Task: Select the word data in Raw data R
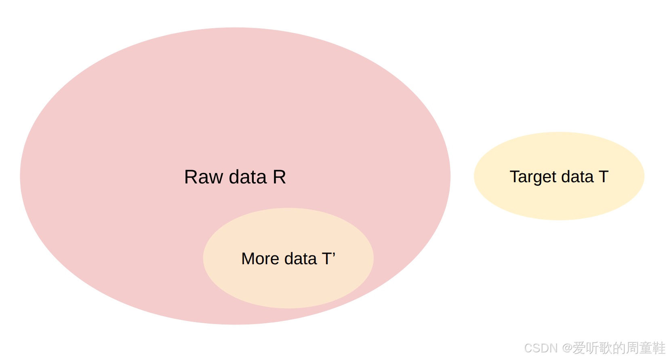pos(248,177)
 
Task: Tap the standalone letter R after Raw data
pos(280,177)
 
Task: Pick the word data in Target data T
pos(577,177)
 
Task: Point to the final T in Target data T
pos(604,177)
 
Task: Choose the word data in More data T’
pos(301,259)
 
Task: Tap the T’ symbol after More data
pos(328,259)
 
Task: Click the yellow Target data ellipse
pos(559,202)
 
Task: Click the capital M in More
pos(247,259)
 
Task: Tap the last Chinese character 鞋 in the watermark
pos(659,348)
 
